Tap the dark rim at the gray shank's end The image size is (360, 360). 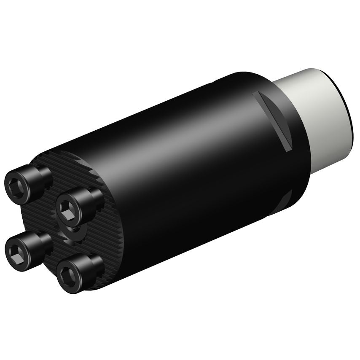coord(347,110)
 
